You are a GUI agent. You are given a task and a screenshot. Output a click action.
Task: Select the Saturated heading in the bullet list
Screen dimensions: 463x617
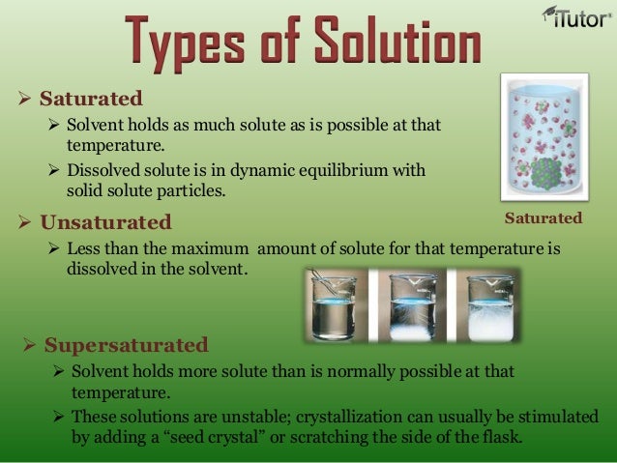click(x=91, y=99)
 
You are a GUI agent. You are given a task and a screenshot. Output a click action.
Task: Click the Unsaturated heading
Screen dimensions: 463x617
click(x=105, y=223)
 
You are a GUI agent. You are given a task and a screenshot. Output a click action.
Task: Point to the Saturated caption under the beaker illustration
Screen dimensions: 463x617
click(x=544, y=218)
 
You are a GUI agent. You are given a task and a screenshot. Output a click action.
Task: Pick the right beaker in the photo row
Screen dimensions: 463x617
click(x=489, y=307)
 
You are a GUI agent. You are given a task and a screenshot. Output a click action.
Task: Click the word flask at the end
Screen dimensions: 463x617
click(x=502, y=436)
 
